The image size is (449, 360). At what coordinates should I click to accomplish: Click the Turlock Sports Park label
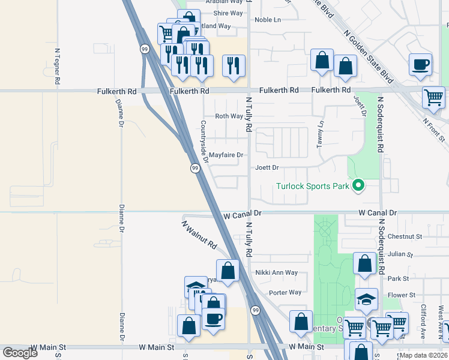pyautogui.click(x=312, y=186)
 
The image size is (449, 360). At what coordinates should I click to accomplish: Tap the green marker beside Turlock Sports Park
pyautogui.click(x=358, y=185)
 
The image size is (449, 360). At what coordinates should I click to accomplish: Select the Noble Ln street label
pyautogui.click(x=268, y=20)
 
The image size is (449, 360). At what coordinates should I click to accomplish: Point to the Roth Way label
pyautogui.click(x=229, y=116)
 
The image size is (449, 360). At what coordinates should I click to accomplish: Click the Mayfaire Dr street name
pyautogui.click(x=226, y=155)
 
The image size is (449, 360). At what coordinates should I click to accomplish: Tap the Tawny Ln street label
pyautogui.click(x=321, y=134)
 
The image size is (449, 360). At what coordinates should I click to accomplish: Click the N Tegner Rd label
pyautogui.click(x=58, y=66)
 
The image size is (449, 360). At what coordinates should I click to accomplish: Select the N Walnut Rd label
pyautogui.click(x=199, y=235)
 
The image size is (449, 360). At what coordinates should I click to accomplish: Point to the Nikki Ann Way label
pyautogui.click(x=276, y=272)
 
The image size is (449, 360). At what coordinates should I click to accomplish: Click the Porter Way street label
pyautogui.click(x=285, y=293)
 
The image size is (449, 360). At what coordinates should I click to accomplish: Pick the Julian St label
pyautogui.click(x=400, y=254)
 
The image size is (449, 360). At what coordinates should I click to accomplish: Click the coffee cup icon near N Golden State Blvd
pyautogui.click(x=420, y=64)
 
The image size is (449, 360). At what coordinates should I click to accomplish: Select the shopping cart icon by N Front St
pyautogui.click(x=433, y=97)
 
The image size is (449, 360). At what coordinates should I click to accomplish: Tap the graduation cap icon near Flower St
pyautogui.click(x=366, y=298)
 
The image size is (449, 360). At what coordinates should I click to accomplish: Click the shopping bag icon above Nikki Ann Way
pyautogui.click(x=228, y=270)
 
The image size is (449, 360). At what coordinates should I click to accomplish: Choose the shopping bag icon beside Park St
pyautogui.click(x=364, y=263)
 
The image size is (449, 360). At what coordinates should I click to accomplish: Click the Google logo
pyautogui.click(x=20, y=353)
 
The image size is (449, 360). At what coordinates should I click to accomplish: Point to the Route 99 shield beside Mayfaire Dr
pyautogui.click(x=195, y=169)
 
